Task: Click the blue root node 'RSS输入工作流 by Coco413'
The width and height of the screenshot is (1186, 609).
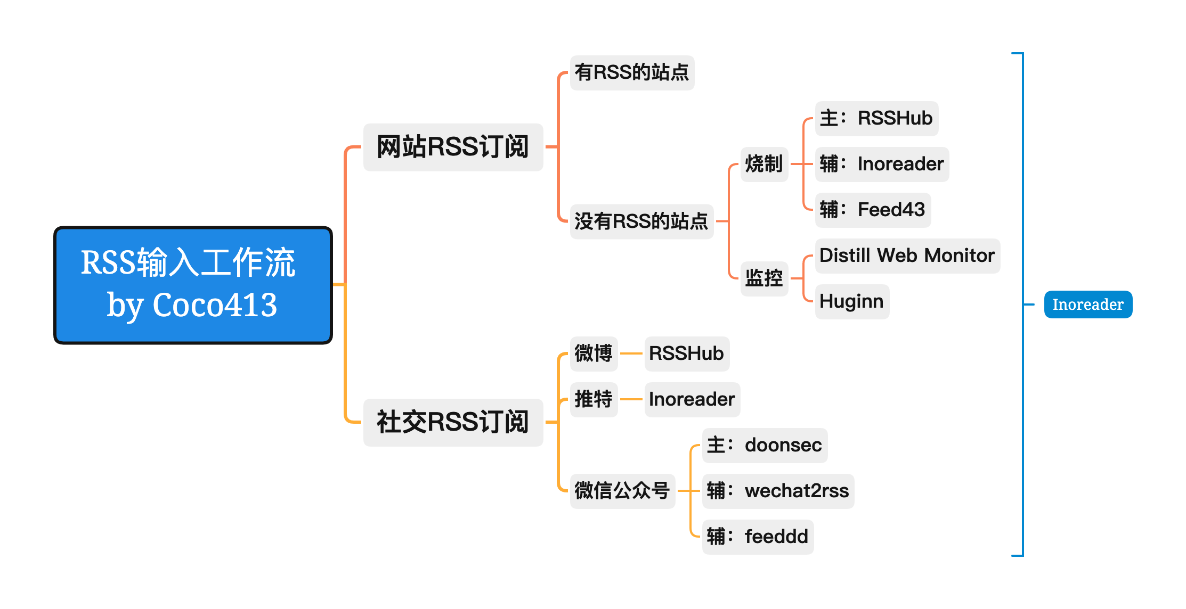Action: coord(193,285)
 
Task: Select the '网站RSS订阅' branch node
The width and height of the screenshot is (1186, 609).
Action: coord(453,147)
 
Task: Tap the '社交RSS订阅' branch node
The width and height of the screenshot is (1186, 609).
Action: coord(453,422)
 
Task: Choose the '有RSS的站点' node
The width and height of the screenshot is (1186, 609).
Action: coord(632,73)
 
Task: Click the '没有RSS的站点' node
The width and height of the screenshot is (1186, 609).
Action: coord(641,221)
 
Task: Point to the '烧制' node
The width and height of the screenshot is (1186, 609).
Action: coord(764,164)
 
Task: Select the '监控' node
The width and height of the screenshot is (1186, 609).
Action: coord(764,278)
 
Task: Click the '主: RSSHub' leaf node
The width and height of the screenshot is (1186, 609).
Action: coord(876,119)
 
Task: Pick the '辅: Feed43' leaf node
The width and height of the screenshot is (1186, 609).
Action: coord(873,210)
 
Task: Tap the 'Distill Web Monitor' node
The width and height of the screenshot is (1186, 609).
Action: coord(907,256)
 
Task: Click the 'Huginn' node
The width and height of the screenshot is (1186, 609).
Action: coord(852,302)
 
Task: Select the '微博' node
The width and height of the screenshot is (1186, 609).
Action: coord(594,354)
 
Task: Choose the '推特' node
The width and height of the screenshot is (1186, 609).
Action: coord(594,400)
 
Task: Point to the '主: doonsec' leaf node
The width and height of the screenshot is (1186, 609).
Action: coord(765,446)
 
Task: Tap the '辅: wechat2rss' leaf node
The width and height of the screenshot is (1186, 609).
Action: coord(778,491)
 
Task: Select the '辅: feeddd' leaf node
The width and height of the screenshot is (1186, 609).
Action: coord(758,537)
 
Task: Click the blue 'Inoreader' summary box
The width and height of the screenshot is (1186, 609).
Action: coord(1088,304)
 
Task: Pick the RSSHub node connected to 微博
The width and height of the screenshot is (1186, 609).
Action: coord(687,354)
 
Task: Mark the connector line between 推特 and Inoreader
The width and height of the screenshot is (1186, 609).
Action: coord(631,399)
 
